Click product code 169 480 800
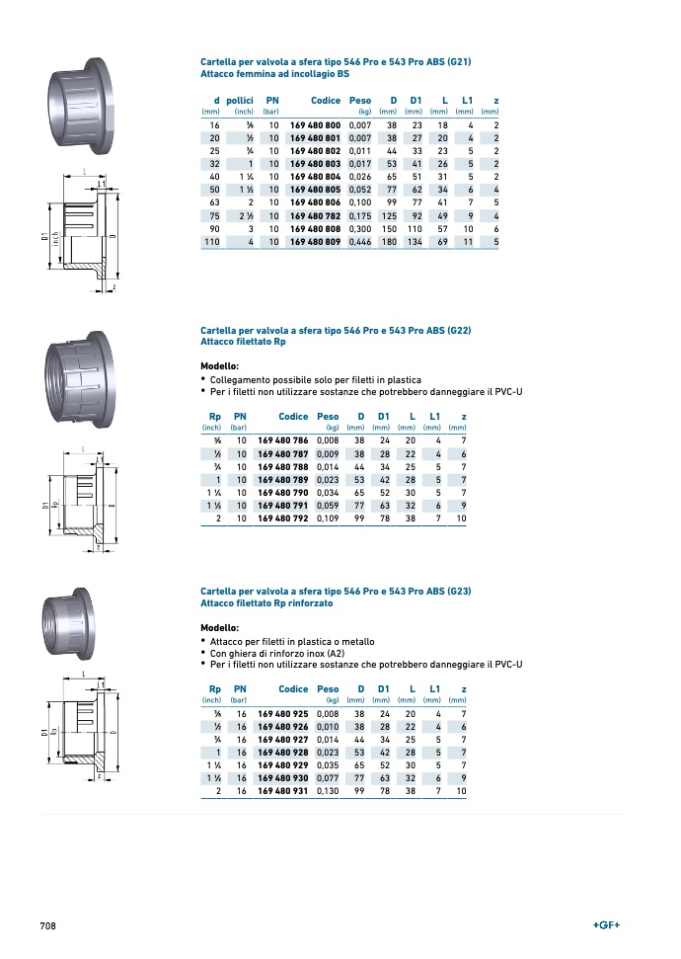315,125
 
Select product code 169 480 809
315,242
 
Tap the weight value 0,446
360,242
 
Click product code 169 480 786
283,440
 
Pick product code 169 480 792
283,519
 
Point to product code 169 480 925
283,714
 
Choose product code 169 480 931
283,791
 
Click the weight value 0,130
328,791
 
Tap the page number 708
47,926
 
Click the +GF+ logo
606,925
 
